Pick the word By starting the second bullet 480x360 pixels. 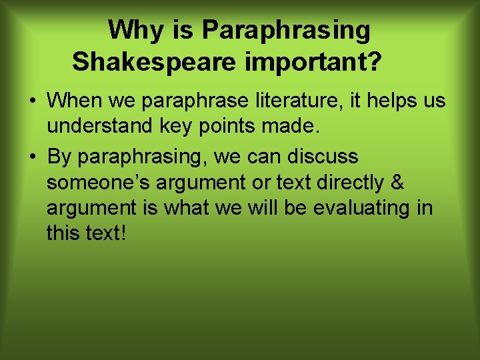pyautogui.click(x=60, y=157)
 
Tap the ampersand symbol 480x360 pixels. pyautogui.click(x=398, y=183)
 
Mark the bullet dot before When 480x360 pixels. pyautogui.click(x=32, y=102)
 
